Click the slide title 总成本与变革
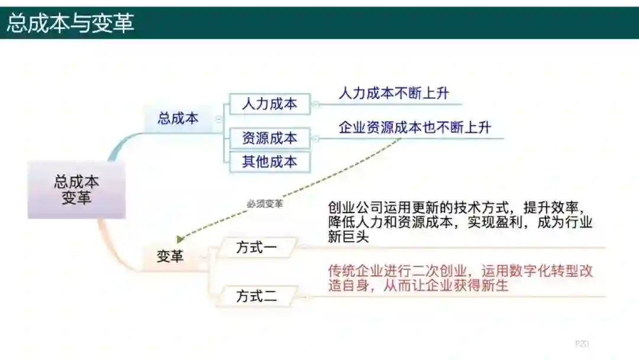(x=70, y=23)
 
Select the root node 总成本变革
(x=76, y=189)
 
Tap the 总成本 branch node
(x=178, y=118)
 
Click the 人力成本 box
(x=269, y=104)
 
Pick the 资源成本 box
(x=269, y=139)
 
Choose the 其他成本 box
(x=269, y=162)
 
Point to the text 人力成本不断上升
(x=394, y=93)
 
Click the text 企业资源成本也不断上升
(x=415, y=127)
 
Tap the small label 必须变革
(x=264, y=204)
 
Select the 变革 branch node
(x=170, y=256)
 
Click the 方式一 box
(x=257, y=247)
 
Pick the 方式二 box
(x=257, y=296)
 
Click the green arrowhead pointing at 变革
(x=181, y=239)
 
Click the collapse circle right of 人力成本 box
(x=315, y=104)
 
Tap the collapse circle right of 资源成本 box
(x=315, y=139)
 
